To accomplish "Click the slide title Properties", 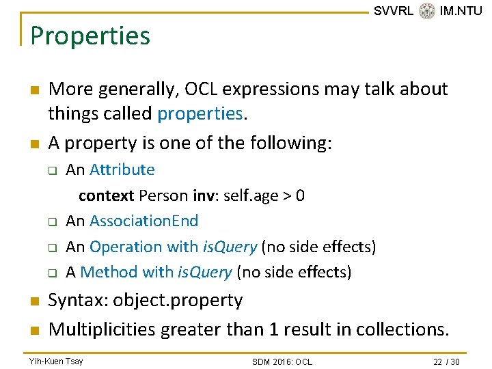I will click(90, 36).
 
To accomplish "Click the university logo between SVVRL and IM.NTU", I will click(427, 11).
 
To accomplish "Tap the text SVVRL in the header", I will click(394, 11).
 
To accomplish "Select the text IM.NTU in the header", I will click(461, 11).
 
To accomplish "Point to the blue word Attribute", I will click(122, 169).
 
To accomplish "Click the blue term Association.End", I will click(143, 221).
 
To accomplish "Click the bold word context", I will click(106, 196).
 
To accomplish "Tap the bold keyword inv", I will click(203, 196).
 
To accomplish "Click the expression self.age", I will click(254, 196).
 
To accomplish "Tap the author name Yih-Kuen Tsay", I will click(56, 361).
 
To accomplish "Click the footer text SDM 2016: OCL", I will click(282, 361).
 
